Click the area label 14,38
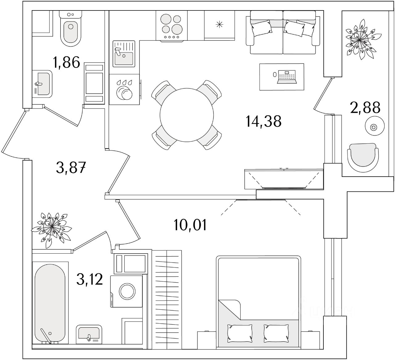tap(264, 121)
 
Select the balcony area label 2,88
tap(365, 108)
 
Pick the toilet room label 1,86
tap(67, 63)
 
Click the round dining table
tap(187, 115)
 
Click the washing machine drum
tap(127, 291)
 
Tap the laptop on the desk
tap(287, 77)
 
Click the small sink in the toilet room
tap(42, 84)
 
